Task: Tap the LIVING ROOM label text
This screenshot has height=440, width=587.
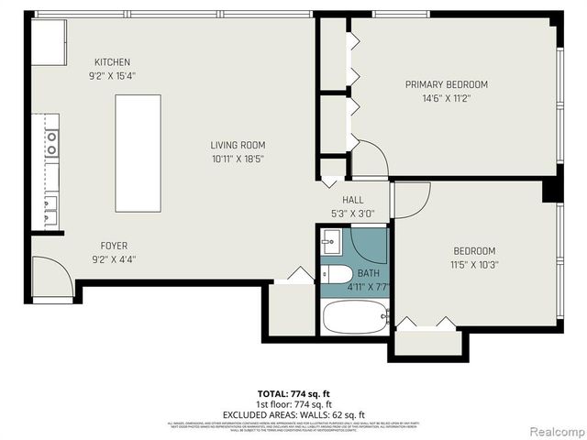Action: pos(238,145)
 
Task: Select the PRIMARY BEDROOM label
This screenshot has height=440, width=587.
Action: pos(447,84)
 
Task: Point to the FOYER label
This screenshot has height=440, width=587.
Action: pos(114,246)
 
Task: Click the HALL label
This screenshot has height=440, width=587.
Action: pos(353,200)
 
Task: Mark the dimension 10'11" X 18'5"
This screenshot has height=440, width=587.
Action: pos(238,159)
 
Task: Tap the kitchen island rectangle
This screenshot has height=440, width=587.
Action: pos(138,152)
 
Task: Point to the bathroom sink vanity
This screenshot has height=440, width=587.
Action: pos(332,243)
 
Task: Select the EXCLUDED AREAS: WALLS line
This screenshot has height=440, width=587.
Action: pos(293,414)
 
